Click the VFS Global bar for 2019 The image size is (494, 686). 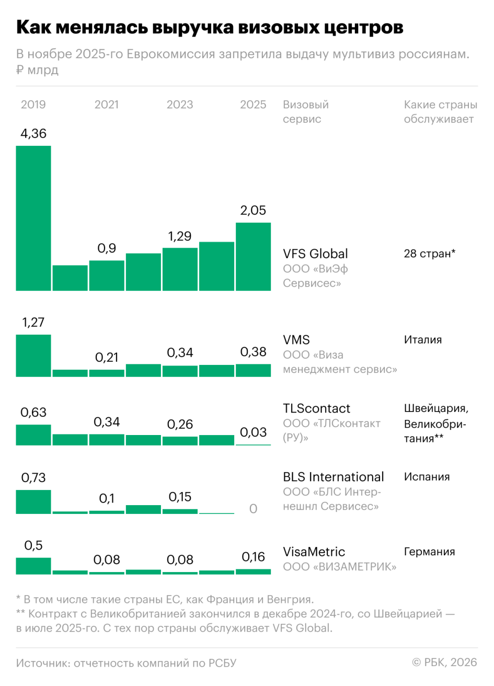pos(33,218)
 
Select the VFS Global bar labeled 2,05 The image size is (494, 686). pos(254,257)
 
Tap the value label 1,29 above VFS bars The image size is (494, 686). pos(180,236)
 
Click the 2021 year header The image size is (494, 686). pos(107,105)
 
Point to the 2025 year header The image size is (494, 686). pos(254,105)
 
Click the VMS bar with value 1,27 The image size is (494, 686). pos(33,356)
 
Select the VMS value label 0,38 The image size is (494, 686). pos(254,352)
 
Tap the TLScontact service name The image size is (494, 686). pos(316,408)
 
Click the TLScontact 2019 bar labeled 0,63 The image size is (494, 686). pos(33,435)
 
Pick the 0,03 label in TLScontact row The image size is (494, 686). pos(254,432)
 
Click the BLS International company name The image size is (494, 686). pos(333,477)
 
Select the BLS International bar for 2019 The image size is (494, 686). pos(33,502)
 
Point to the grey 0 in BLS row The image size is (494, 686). pos(254,509)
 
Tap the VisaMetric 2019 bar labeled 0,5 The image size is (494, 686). pos(33,566)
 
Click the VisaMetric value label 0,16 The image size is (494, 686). pos(254,557)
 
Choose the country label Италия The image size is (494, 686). pos(422,340)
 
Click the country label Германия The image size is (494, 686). pos(429,552)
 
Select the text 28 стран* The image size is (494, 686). pos(430,254)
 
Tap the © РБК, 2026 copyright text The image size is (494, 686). pos(444,662)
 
